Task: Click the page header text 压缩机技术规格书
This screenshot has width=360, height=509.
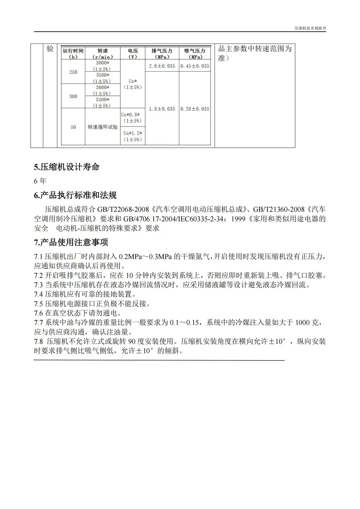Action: [x=310, y=29]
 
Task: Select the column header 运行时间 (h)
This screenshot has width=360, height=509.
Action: [x=73, y=54]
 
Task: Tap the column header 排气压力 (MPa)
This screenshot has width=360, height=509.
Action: [x=162, y=54]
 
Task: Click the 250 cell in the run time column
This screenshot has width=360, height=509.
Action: [x=73, y=72]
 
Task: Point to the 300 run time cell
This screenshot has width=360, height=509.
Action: [x=73, y=96]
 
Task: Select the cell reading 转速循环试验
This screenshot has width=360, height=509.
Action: [x=102, y=127]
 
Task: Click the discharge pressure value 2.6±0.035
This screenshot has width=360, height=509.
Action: [x=162, y=66]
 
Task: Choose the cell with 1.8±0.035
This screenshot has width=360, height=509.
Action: [x=162, y=109]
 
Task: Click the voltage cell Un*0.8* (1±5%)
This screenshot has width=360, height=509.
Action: [x=132, y=118]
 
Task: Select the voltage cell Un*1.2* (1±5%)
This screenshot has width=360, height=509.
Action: [x=132, y=136]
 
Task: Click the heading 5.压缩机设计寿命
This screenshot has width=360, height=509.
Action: [x=67, y=167]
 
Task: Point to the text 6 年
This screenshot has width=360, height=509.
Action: [x=40, y=181]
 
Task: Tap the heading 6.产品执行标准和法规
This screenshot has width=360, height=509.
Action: [x=75, y=195]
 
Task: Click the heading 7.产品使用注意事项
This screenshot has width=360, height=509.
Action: [x=71, y=243]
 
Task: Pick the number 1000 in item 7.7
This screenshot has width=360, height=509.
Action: [x=303, y=322]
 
